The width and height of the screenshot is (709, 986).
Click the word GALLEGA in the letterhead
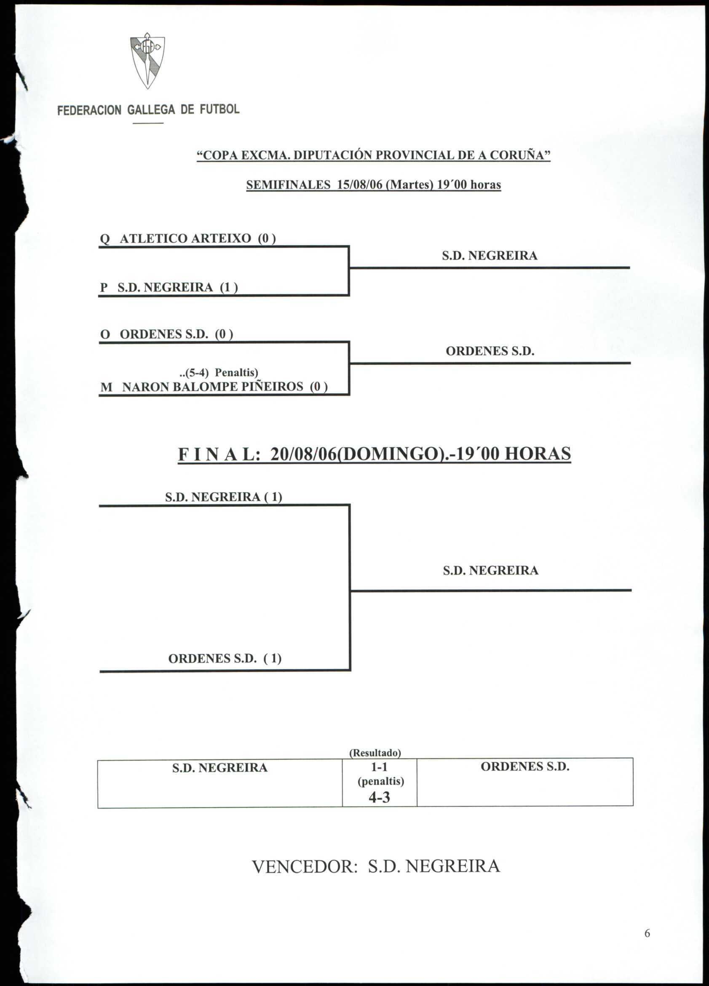(151, 110)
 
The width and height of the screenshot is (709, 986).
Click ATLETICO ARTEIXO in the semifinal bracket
(185, 239)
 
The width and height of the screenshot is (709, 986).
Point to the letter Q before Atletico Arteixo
(105, 239)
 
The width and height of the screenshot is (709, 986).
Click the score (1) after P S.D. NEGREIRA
(229, 287)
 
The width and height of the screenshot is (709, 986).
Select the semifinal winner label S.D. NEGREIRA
(490, 256)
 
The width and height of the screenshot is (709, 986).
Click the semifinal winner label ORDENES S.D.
(490, 351)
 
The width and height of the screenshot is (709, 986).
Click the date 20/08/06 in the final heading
(302, 454)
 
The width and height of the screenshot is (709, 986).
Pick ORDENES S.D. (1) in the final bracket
(225, 658)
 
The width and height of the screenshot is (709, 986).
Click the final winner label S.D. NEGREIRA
(490, 570)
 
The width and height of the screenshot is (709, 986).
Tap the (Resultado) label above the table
(375, 753)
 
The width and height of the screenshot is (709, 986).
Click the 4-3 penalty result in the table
(379, 797)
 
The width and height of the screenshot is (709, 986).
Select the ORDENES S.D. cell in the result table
(524, 767)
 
